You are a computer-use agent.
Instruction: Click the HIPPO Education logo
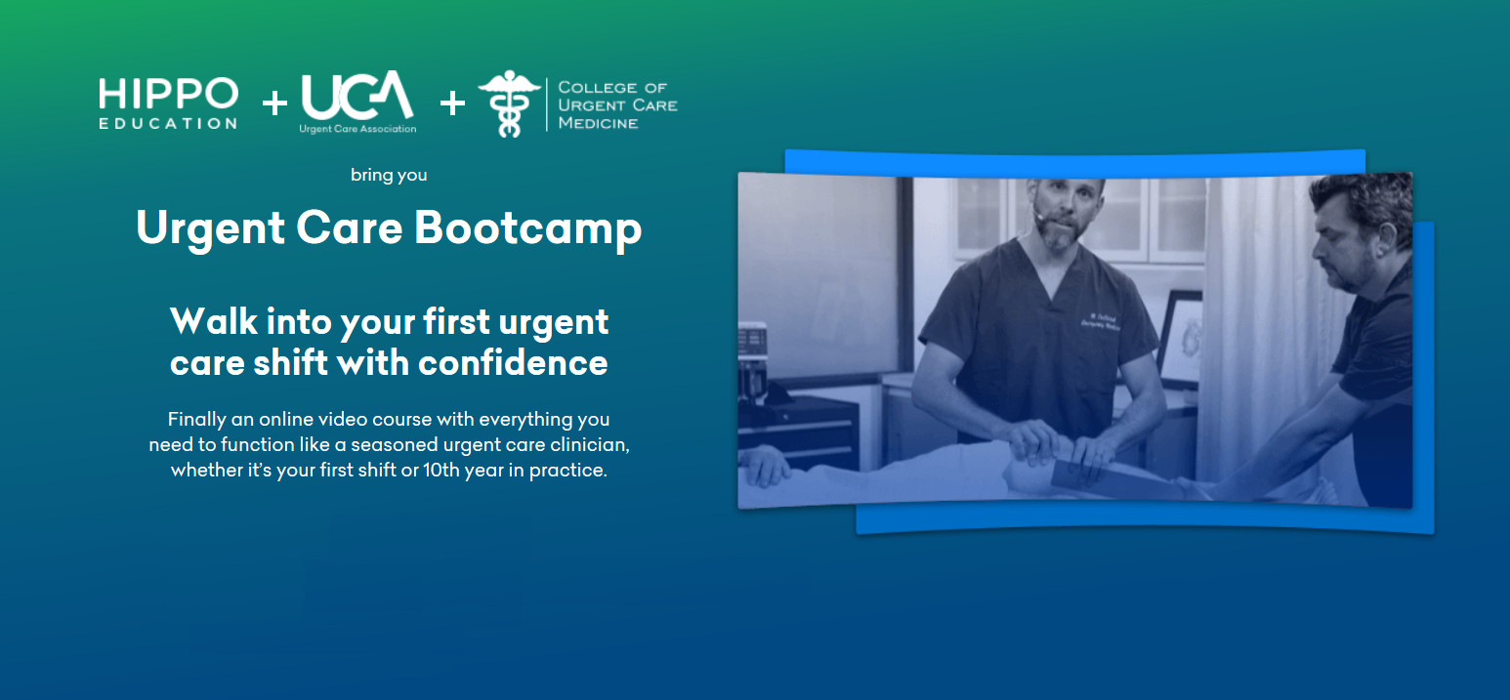[x=168, y=103]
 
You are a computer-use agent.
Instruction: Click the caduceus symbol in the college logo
[x=509, y=103]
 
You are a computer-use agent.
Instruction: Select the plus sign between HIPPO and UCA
[x=274, y=103]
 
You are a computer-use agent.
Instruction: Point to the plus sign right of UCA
[x=452, y=103]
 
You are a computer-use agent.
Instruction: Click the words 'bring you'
[x=389, y=175]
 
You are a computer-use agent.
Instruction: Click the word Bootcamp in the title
[x=527, y=228]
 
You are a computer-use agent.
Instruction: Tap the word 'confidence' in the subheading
[x=513, y=362]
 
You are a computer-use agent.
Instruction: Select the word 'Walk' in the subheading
[x=214, y=320]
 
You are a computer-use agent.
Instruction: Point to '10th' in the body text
[x=440, y=470]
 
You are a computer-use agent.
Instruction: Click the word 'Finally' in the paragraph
[x=197, y=420]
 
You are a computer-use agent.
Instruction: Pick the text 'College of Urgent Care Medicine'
[x=617, y=105]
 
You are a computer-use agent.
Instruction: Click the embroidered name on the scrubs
[x=1100, y=322]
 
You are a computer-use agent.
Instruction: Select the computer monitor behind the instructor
[x=1180, y=337]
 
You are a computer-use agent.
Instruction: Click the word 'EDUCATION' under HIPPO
[x=168, y=124]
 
